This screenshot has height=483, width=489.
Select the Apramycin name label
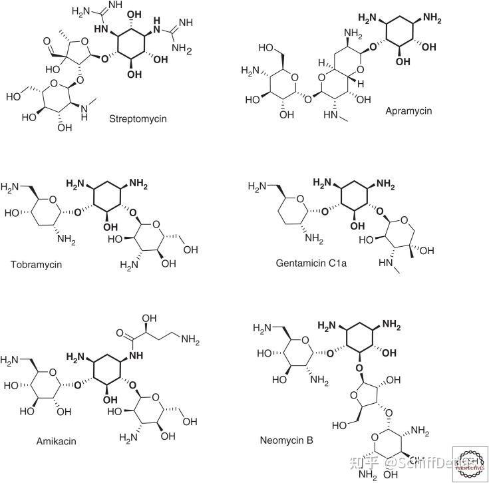(408, 110)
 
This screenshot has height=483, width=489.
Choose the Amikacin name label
(57, 441)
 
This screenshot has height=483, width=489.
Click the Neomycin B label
(287, 440)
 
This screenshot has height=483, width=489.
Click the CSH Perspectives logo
(469, 463)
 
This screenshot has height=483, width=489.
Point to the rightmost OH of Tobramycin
(192, 249)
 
